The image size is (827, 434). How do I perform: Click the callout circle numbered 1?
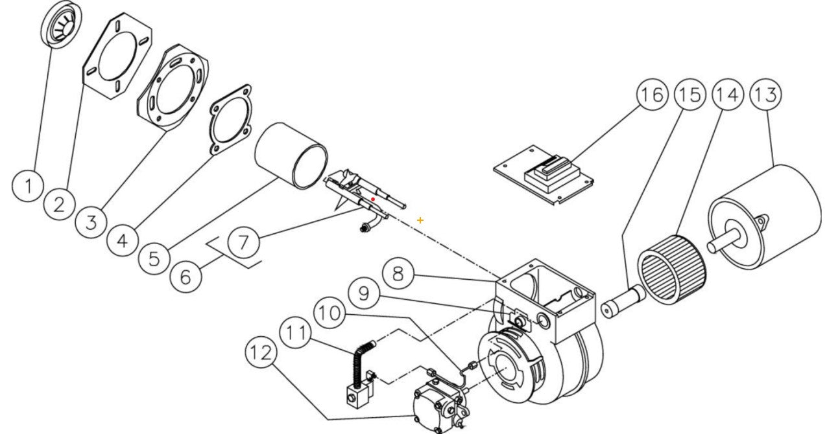tap(27, 187)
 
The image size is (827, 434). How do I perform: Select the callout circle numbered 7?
tap(243, 244)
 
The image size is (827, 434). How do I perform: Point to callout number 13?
tap(765, 95)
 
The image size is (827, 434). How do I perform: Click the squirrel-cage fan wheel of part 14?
tap(672, 267)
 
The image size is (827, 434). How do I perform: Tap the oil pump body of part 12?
tap(428, 403)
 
